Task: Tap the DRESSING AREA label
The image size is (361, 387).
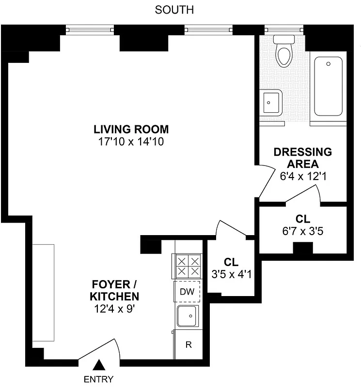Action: point(303,158)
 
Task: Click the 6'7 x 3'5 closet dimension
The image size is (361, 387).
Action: point(303,231)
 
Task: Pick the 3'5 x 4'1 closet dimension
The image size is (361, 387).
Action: point(231,274)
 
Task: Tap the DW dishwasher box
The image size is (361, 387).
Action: point(187,292)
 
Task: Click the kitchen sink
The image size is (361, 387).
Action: point(188,316)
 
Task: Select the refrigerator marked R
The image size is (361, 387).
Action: point(188,345)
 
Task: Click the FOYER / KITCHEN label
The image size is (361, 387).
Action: point(116,290)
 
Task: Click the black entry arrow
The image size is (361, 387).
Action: point(99,364)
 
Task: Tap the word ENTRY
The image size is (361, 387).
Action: point(99,379)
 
